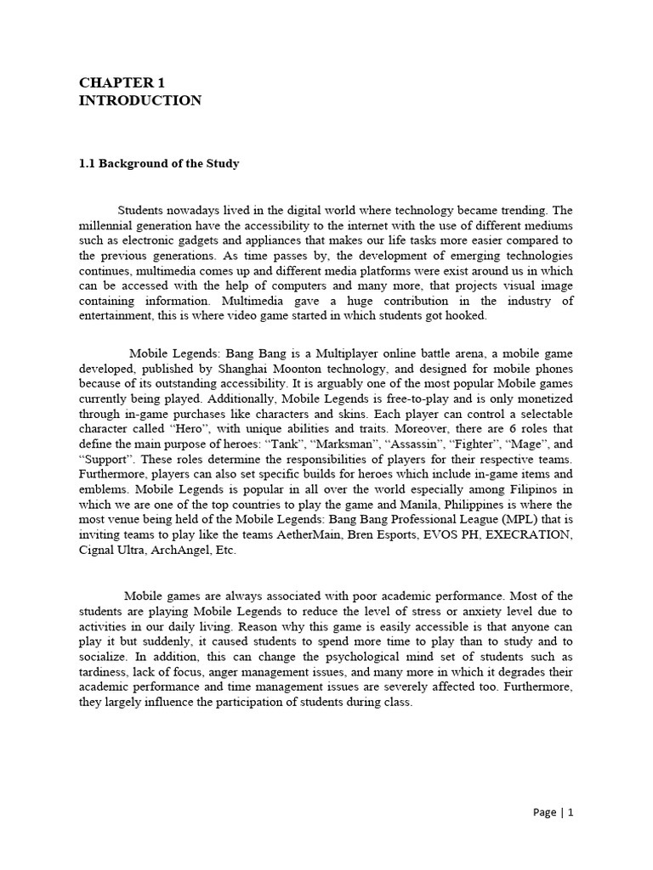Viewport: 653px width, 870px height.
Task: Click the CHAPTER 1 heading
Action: (122, 82)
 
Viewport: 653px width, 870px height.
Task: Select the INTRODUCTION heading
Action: (140, 100)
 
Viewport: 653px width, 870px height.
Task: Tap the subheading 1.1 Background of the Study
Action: (159, 163)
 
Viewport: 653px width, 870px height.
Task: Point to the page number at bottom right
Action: (554, 812)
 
